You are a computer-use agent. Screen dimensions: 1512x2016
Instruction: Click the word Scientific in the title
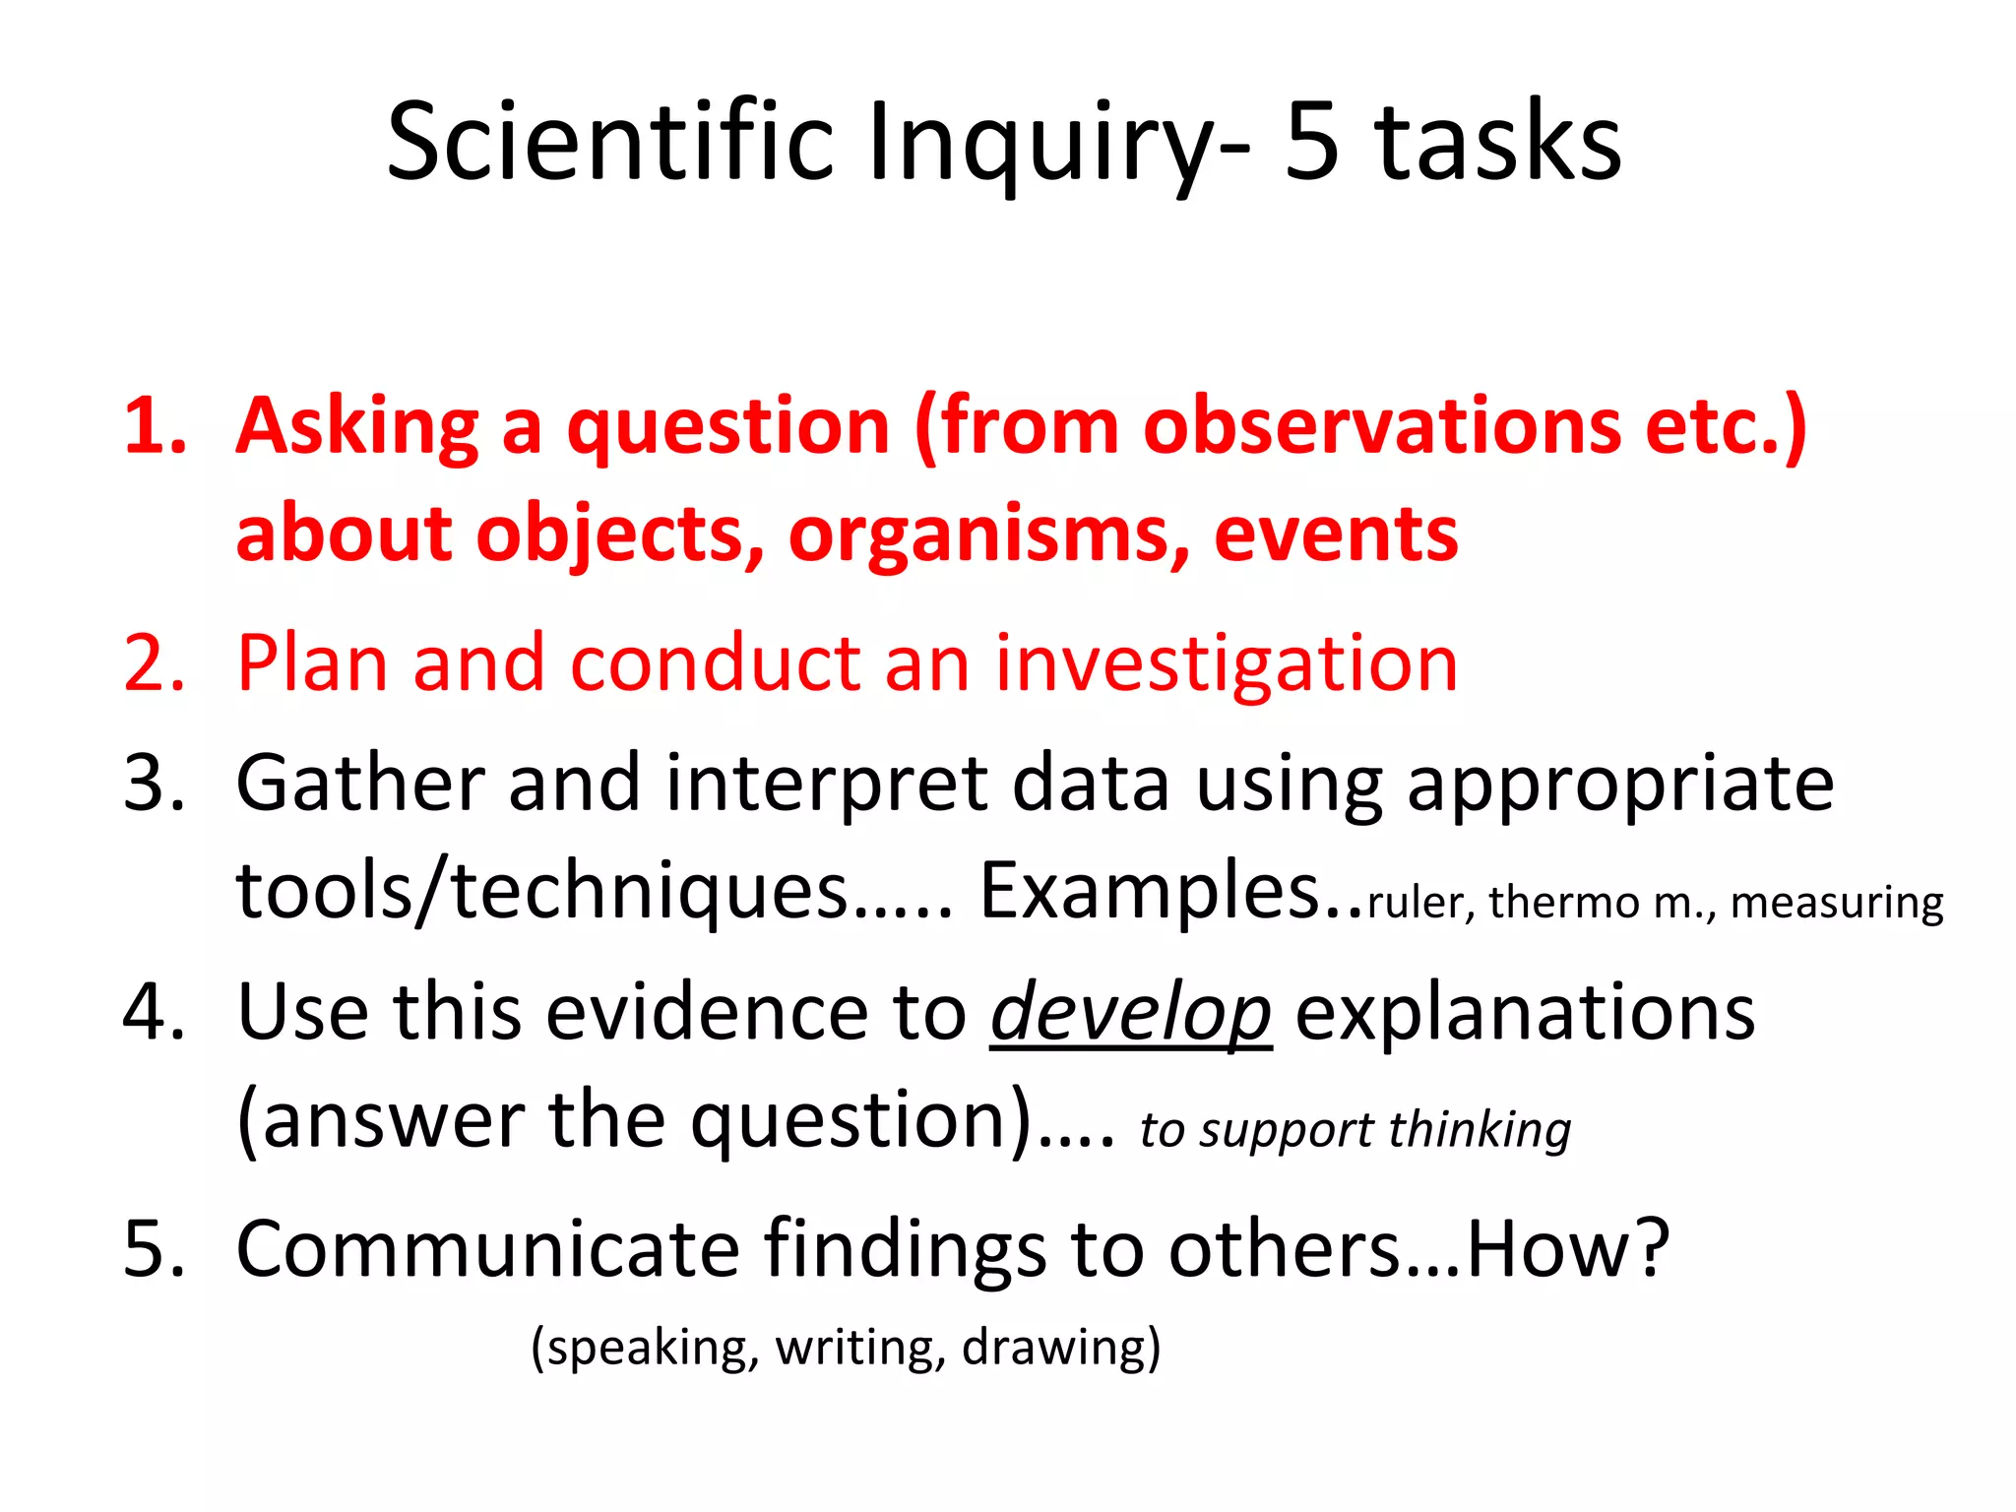point(610,143)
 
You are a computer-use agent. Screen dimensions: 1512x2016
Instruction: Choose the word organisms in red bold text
point(989,536)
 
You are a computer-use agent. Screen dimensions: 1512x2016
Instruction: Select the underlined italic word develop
point(1130,1014)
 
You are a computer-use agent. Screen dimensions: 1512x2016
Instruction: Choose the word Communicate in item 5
point(487,1250)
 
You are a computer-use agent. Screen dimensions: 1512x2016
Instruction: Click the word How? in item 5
point(1568,1250)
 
